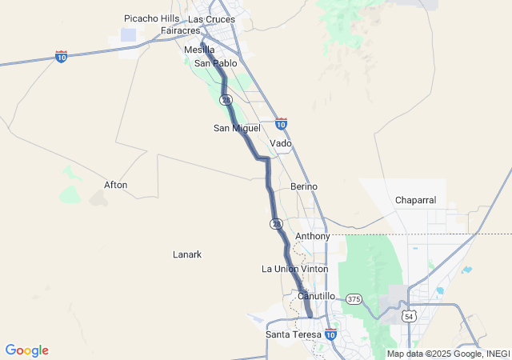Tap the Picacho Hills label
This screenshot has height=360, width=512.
coord(152,18)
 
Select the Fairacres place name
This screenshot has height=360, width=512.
coord(179,30)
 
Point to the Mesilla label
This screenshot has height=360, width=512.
coord(199,50)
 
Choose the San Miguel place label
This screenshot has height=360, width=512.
coord(237,128)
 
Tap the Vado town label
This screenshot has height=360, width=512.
coord(281,144)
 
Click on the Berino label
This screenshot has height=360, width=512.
coord(304,186)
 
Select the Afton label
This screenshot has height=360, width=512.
coord(115,185)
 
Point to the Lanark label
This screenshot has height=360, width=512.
coord(187,254)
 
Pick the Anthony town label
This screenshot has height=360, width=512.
coord(312,237)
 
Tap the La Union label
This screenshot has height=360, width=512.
coord(279,269)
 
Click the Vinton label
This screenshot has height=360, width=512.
coord(314,269)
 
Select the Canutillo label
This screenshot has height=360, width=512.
coord(316,296)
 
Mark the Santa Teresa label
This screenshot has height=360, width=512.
coord(294,334)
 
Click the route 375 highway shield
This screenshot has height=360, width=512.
coord(354,299)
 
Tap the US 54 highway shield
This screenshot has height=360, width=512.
coord(410,317)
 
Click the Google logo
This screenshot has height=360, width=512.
coord(26,350)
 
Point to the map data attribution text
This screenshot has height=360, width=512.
coord(448,354)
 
